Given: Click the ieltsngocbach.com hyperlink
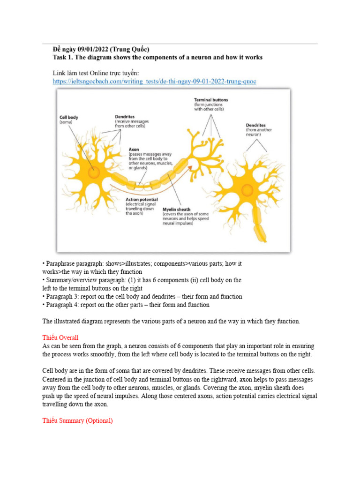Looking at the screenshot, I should pyautogui.click(x=155, y=81).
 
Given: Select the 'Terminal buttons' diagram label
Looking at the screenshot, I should pyautogui.click(x=211, y=100).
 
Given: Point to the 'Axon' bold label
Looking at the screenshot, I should pyautogui.click(x=135, y=150).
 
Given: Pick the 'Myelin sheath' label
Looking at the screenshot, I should pyautogui.click(x=176, y=209).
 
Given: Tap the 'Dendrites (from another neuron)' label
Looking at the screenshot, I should pyautogui.click(x=256, y=126).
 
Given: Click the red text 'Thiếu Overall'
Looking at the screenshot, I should pyautogui.click(x=60, y=337).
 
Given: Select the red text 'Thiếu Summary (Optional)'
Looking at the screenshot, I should pyautogui.click(x=77, y=420).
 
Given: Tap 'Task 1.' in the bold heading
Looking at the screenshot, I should pyautogui.click(x=65, y=58).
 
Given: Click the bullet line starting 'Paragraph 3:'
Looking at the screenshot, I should pyautogui.click(x=142, y=296).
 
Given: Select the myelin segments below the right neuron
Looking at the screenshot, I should pyautogui.click(x=259, y=225).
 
